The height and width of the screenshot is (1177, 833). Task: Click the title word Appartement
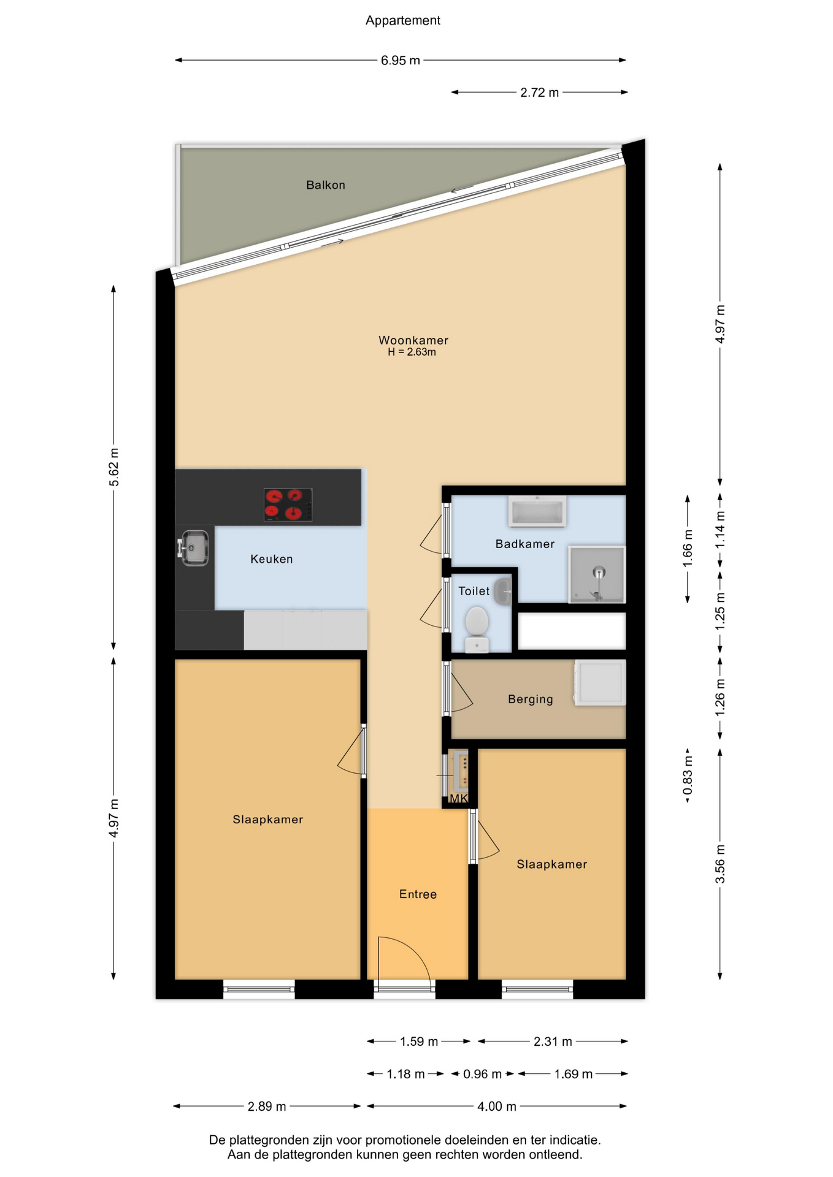coord(403,21)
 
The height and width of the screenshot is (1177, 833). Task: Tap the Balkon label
coord(326,185)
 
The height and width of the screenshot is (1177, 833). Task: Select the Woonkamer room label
coord(413,340)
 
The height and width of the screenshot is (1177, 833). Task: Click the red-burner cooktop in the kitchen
coord(288,505)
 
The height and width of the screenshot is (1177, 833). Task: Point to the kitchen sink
coord(194,547)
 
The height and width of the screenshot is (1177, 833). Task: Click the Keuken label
coord(272,559)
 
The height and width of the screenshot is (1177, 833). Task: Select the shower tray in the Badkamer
coord(597,575)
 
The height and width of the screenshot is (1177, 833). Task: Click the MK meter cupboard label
coord(459,798)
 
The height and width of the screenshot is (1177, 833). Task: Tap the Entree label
coord(418,894)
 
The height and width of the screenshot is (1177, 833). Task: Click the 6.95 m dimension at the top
coord(401,61)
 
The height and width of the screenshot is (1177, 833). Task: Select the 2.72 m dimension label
coord(540,93)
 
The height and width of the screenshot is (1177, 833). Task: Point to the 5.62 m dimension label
coord(114,467)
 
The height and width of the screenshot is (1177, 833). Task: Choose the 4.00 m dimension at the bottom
coord(497,1107)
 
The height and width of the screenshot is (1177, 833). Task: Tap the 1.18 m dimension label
coord(405,1074)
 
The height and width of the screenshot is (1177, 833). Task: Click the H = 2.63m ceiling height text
coord(412,352)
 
